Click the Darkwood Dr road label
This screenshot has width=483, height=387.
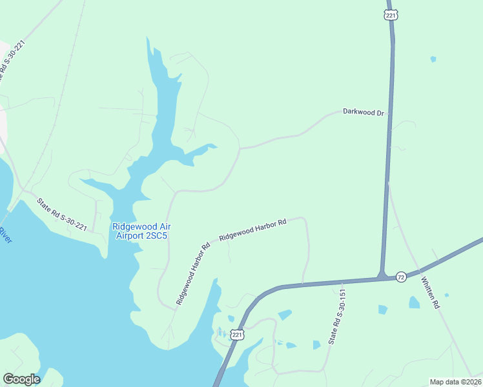[364, 113]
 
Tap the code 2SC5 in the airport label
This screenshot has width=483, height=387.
[155, 235]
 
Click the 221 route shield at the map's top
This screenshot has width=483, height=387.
[389, 14]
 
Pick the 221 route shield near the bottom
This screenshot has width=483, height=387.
[238, 335]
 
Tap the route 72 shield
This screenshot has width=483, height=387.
[401, 277]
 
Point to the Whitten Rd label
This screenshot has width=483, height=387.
[431, 293]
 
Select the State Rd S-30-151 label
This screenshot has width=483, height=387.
[334, 315]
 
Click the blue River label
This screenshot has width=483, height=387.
[6, 235]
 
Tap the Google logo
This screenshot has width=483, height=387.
[21, 379]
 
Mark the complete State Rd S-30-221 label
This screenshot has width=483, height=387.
[62, 214]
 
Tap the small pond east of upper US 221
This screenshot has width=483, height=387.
[433, 59]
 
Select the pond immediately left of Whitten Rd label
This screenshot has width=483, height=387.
[414, 302]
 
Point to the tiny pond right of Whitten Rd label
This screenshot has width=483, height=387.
[447, 295]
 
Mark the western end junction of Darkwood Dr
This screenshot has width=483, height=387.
[240, 148]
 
